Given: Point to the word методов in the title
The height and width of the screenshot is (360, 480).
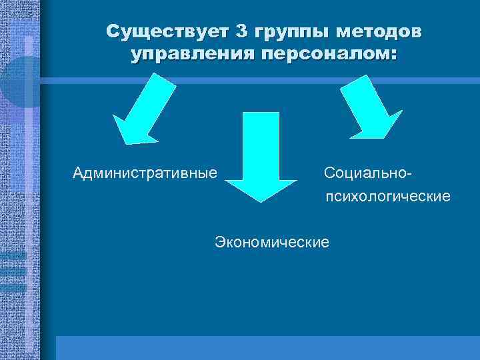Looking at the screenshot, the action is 379,31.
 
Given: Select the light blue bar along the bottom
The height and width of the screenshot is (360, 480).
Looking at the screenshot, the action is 267,347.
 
